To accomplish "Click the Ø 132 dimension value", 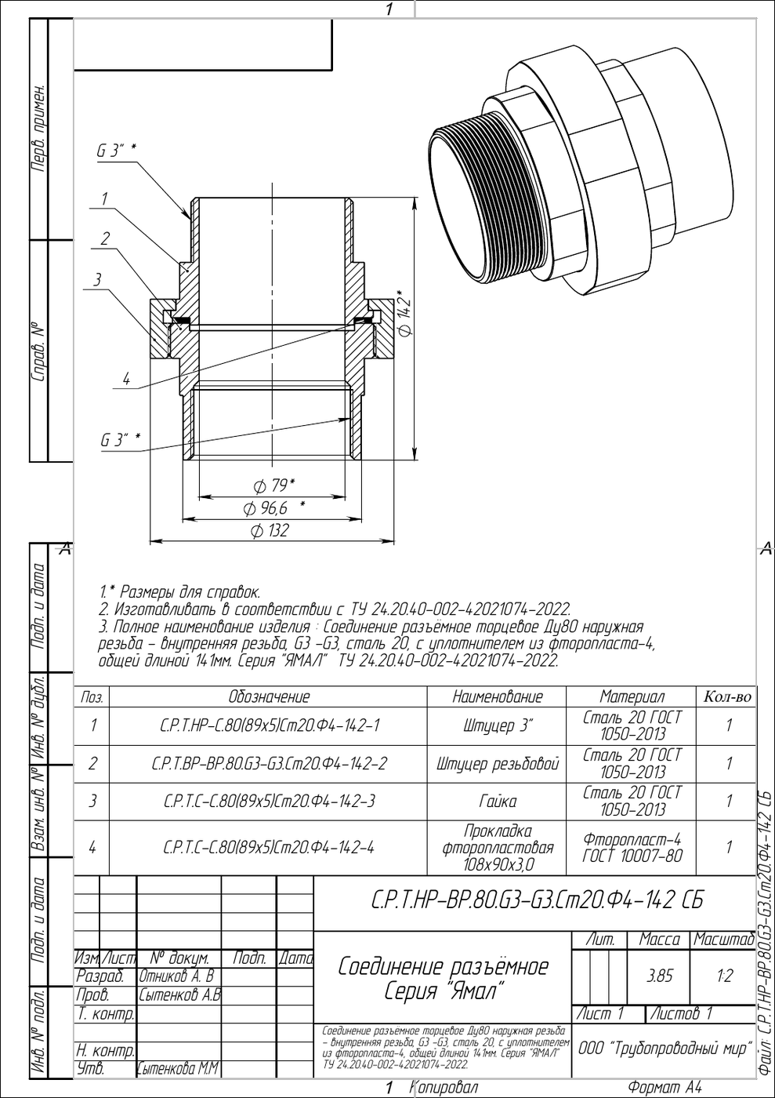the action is [x=270, y=530].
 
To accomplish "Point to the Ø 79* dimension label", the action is [x=273, y=485].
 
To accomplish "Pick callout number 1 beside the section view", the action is [x=104, y=199].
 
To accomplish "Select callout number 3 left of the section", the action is [x=97, y=280].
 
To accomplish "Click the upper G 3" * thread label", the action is [x=116, y=151].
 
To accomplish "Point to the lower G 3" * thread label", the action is [x=121, y=440].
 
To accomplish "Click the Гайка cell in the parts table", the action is [x=498, y=801].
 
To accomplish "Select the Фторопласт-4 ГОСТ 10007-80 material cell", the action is [x=632, y=848].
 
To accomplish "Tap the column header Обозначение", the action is [x=269, y=696].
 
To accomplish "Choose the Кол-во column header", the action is [x=727, y=696].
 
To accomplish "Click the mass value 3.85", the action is [x=660, y=976].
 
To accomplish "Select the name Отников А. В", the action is [x=177, y=976].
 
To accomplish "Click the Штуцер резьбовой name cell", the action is [x=498, y=763].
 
